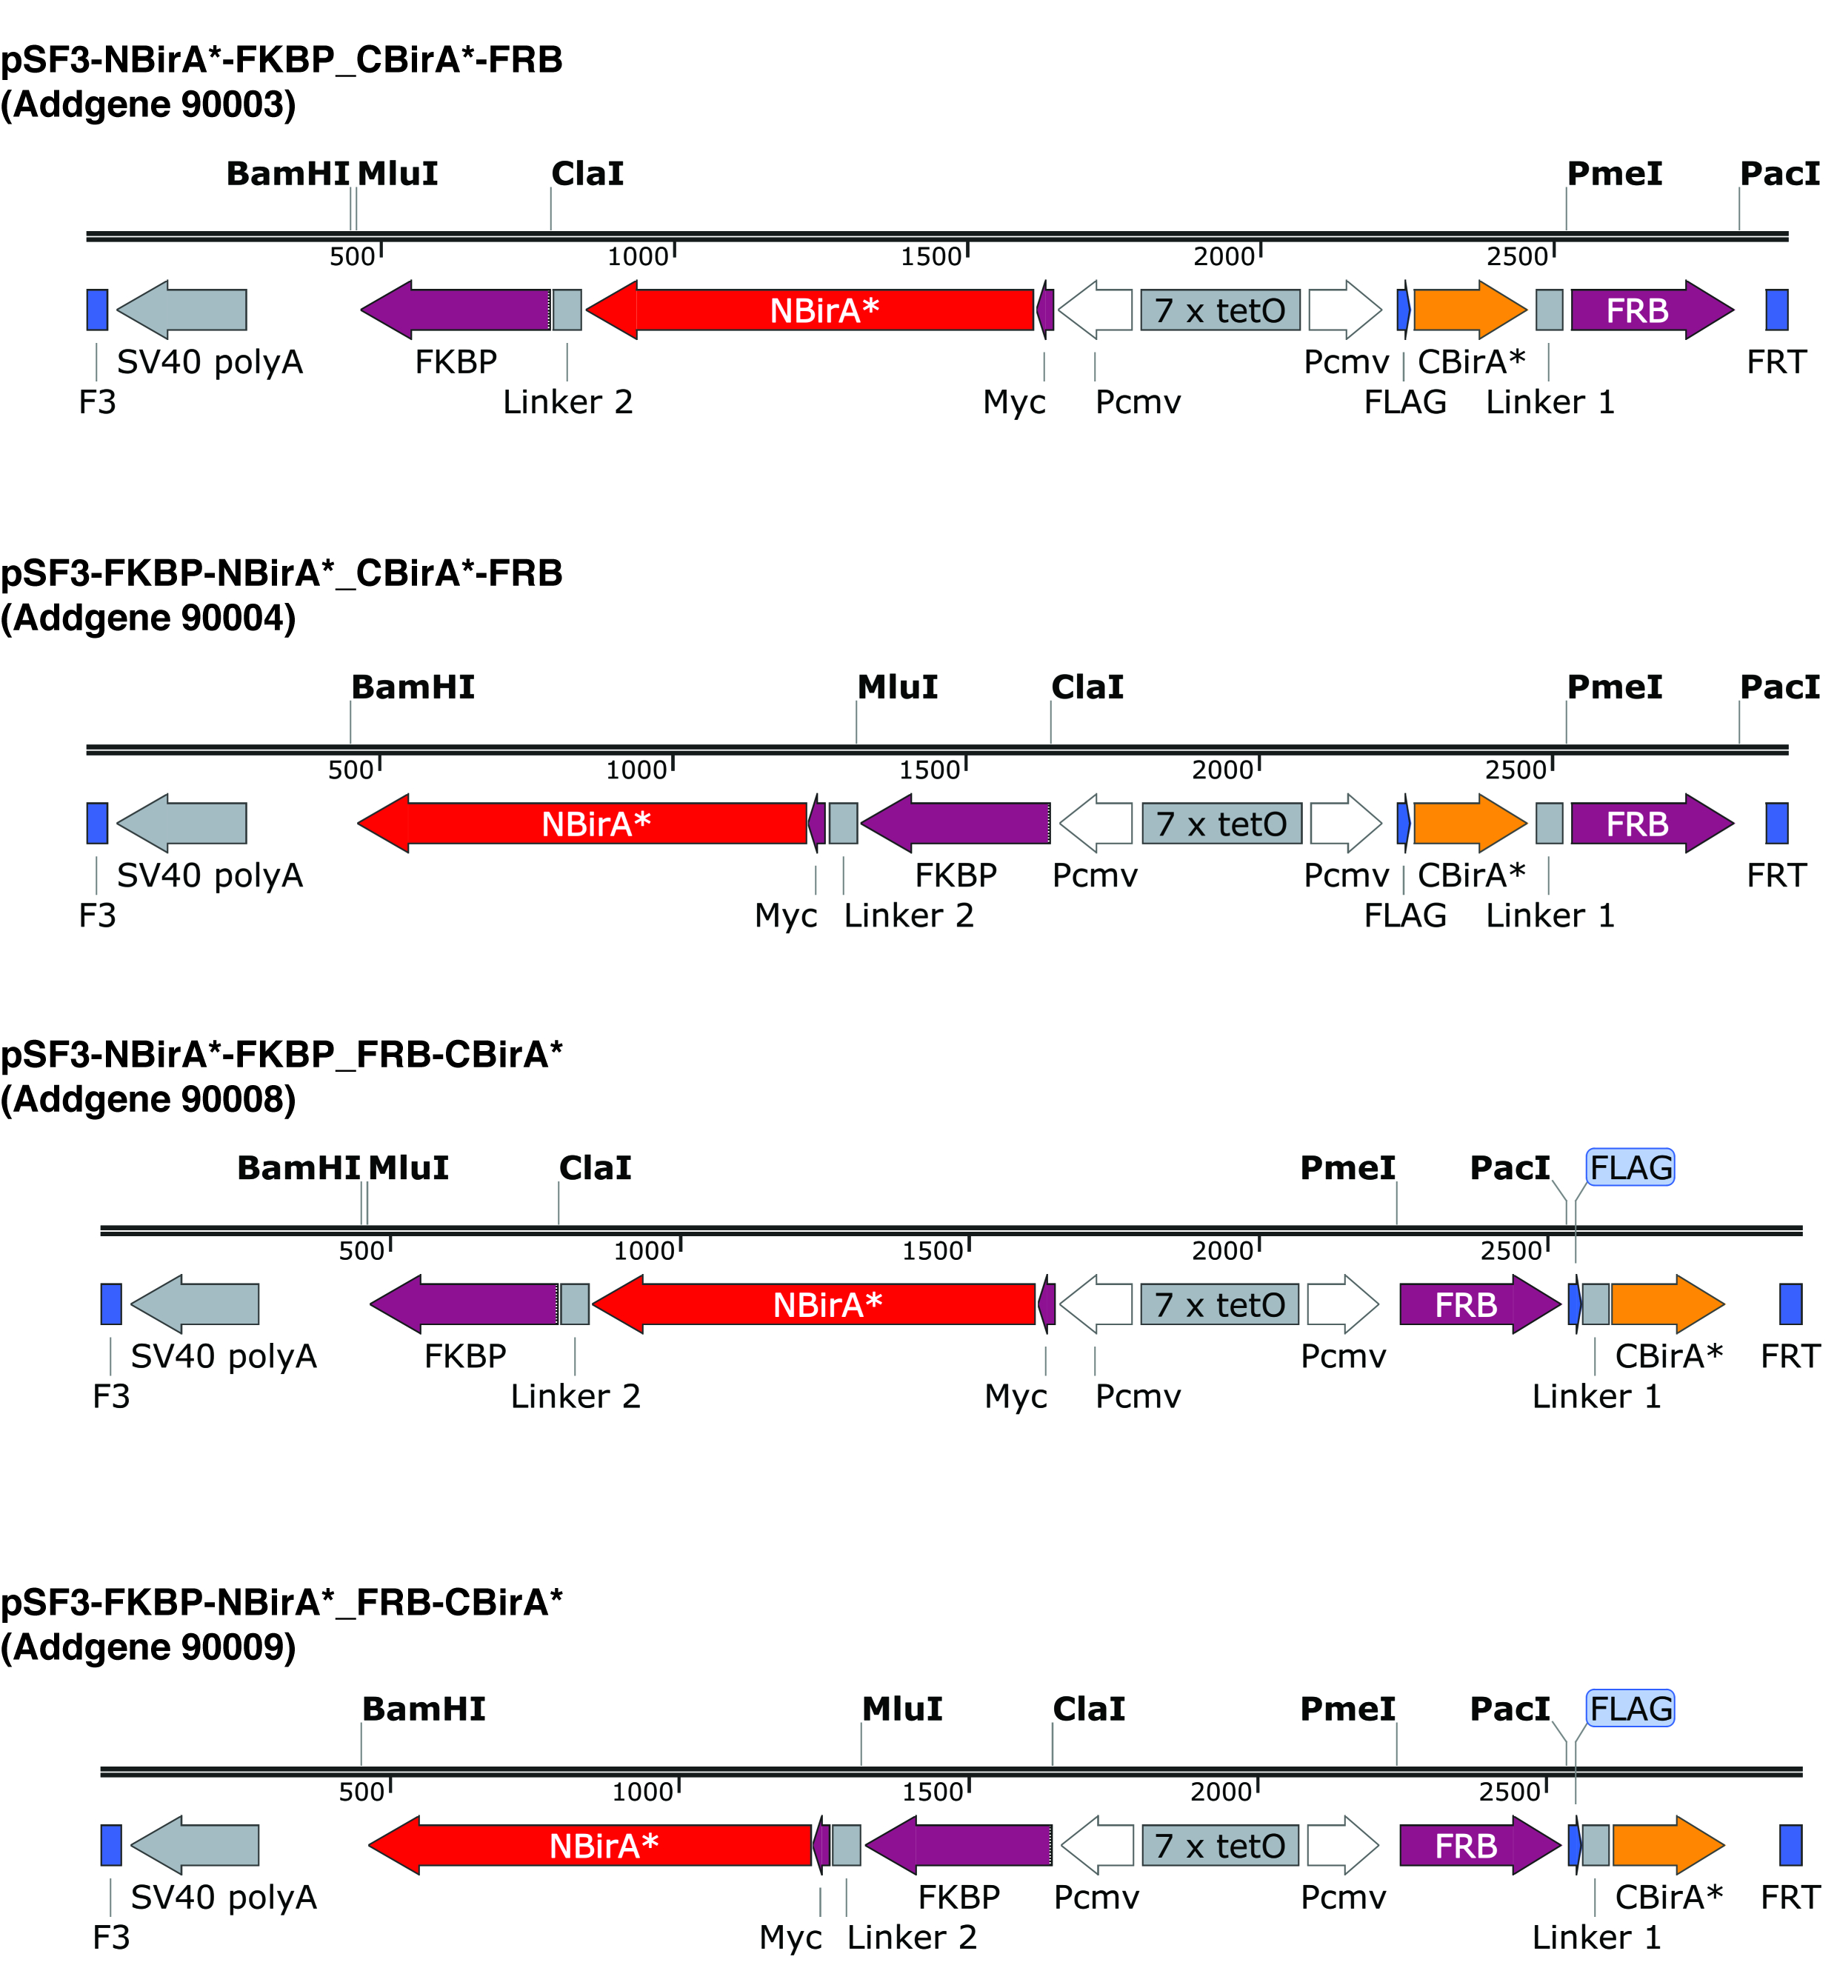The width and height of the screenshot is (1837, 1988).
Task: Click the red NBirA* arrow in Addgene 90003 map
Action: pyautogui.click(x=810, y=310)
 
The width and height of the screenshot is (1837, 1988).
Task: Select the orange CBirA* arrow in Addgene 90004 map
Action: pyautogui.click(x=1470, y=823)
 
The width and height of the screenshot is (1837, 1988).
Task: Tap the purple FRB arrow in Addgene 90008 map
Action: pyautogui.click(x=1480, y=1304)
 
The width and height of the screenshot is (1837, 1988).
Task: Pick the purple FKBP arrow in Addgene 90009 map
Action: pyautogui.click(x=958, y=1846)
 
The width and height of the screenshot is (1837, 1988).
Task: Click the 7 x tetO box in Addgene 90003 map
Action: pyautogui.click(x=1221, y=310)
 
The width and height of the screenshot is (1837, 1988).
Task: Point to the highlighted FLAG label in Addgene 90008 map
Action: pyautogui.click(x=1631, y=1167)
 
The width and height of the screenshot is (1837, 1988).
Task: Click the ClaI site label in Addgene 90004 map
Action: pyautogui.click(x=1087, y=687)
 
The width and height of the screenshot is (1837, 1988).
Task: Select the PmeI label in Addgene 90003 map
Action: pyautogui.click(x=1614, y=174)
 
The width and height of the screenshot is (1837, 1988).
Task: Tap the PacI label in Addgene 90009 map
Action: pyautogui.click(x=1510, y=1709)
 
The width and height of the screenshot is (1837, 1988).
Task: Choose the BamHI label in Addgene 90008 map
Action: pyautogui.click(x=299, y=1168)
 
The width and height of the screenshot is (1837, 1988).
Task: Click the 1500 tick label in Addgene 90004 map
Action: pyautogui.click(x=930, y=770)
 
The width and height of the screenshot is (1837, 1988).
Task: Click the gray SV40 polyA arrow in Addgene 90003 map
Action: pyautogui.click(x=182, y=310)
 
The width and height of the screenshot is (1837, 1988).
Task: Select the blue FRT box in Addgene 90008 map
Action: pyautogui.click(x=1790, y=1304)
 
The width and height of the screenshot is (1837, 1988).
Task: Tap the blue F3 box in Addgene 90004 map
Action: pyautogui.click(x=98, y=823)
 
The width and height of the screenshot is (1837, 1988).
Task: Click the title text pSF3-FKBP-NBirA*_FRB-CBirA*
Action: pyautogui.click(x=282, y=1602)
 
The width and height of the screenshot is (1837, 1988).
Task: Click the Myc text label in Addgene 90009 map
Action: pyautogui.click(x=790, y=1938)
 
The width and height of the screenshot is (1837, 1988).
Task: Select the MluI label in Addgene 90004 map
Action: pyautogui.click(x=898, y=687)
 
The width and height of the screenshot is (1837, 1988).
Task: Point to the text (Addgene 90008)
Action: pyautogui.click(x=149, y=1099)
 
